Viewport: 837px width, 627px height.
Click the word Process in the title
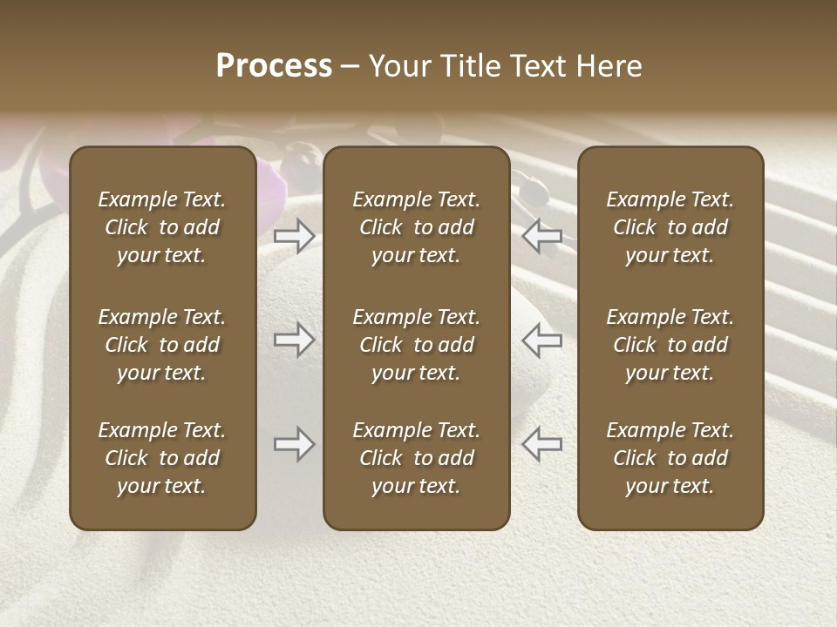[274, 66]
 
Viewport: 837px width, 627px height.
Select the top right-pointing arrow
[294, 235]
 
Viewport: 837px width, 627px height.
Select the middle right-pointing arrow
[294, 340]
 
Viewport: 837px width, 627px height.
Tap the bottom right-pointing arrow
[294, 444]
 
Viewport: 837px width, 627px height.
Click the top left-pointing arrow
[542, 235]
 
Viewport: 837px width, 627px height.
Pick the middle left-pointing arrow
[542, 340]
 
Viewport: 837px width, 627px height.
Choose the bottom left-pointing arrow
[542, 444]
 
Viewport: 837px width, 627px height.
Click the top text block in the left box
[162, 227]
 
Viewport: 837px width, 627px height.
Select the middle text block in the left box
[162, 345]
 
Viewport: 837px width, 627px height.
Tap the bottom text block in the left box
[162, 458]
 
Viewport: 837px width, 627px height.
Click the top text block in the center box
[416, 227]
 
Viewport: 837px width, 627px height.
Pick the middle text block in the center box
[416, 345]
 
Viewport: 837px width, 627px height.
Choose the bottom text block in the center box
[416, 458]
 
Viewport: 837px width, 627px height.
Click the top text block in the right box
[670, 227]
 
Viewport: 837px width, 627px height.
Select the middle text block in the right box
[670, 345]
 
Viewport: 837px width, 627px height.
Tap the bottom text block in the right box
[670, 458]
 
